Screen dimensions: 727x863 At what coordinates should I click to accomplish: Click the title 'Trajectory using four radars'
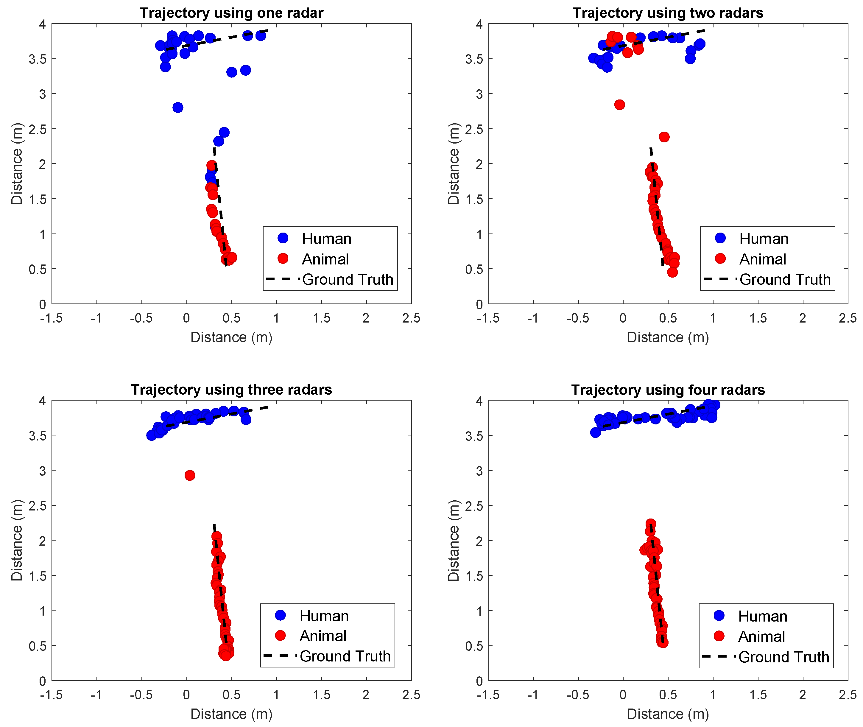(x=668, y=390)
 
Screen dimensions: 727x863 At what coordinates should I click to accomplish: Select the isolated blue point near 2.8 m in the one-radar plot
(x=177, y=108)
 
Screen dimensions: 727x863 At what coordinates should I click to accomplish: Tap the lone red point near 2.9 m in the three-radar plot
(x=190, y=475)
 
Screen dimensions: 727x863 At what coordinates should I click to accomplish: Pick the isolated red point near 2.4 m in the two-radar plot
(x=664, y=137)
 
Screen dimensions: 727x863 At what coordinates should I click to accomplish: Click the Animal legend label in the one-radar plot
(x=325, y=259)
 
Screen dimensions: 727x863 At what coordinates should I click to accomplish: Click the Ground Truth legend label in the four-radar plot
(x=783, y=657)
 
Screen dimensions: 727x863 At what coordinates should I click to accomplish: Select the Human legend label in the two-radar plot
(x=763, y=239)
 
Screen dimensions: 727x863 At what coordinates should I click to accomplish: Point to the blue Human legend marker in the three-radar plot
(x=280, y=615)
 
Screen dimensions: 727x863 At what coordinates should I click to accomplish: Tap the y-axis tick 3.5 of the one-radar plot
(x=38, y=59)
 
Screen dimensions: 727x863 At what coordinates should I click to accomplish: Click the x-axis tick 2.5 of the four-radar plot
(x=847, y=695)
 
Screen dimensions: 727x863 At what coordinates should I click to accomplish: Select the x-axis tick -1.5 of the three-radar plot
(x=51, y=695)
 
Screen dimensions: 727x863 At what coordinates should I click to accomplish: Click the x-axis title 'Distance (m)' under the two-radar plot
(x=668, y=337)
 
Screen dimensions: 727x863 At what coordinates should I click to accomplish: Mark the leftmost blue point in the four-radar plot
(x=595, y=432)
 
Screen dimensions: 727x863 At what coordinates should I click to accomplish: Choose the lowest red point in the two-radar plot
(x=672, y=272)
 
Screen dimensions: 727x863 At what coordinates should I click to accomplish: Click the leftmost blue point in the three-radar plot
(x=151, y=435)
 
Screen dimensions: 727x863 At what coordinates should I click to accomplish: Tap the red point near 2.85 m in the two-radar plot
(x=619, y=105)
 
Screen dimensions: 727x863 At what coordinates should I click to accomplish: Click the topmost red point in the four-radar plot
(x=651, y=523)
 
